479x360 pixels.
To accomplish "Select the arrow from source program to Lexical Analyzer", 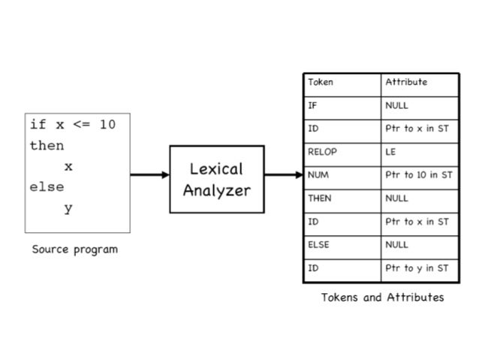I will (x=150, y=175).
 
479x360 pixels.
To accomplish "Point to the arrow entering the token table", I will (x=283, y=175).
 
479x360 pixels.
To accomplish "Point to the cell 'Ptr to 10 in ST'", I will (x=418, y=175).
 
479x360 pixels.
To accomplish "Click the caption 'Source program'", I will (x=74, y=249).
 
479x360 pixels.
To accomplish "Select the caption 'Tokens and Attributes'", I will (x=382, y=297).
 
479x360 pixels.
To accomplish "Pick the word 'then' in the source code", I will (x=47, y=145).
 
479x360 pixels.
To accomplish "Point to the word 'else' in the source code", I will (x=47, y=187).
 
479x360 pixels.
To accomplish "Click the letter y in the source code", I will (x=68, y=208).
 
